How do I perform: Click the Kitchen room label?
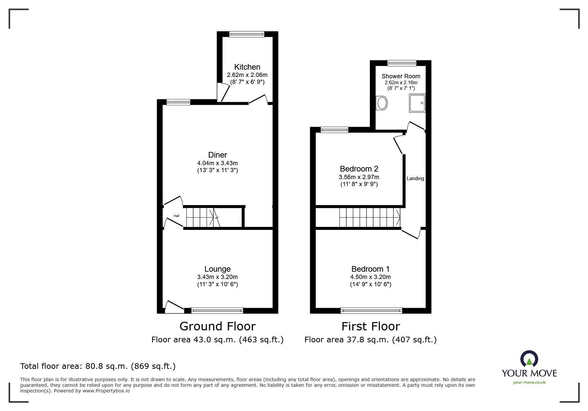pos(247,67)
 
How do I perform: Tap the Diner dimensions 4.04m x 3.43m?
pos(217,163)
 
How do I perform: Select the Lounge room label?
pos(217,269)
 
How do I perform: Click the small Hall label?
pos(176,216)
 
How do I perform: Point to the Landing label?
pos(415,178)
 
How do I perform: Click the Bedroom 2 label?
pos(359,169)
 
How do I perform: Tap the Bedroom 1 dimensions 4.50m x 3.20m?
pos(371,277)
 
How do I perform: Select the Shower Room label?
pos(401,76)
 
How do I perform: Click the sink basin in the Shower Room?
pos(382,103)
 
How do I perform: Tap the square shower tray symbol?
pos(417,103)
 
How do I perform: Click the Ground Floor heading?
pos(217,326)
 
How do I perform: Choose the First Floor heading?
pos(371,326)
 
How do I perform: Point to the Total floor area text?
pos(98,366)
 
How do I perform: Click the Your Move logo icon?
pos(529,360)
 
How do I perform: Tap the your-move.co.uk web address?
pos(529,382)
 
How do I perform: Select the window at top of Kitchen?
pos(247,34)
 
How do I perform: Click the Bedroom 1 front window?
pos(371,311)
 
